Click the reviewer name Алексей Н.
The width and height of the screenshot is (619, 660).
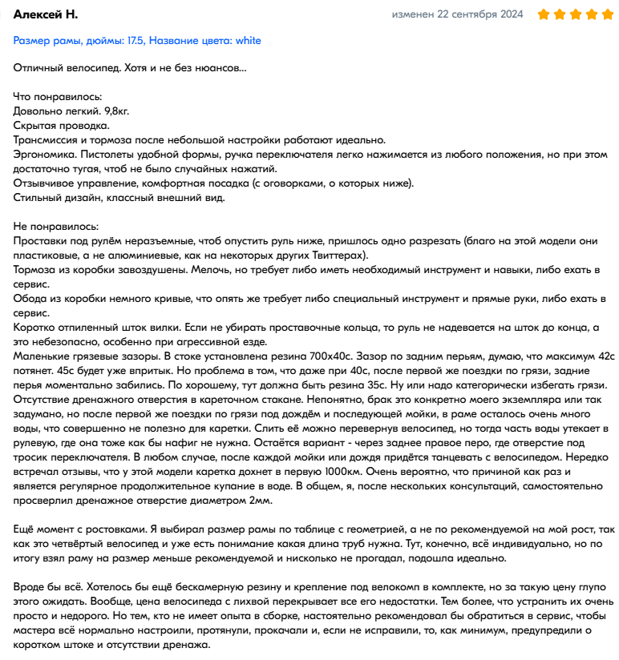point(46,14)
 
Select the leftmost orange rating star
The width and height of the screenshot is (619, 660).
point(543,14)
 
